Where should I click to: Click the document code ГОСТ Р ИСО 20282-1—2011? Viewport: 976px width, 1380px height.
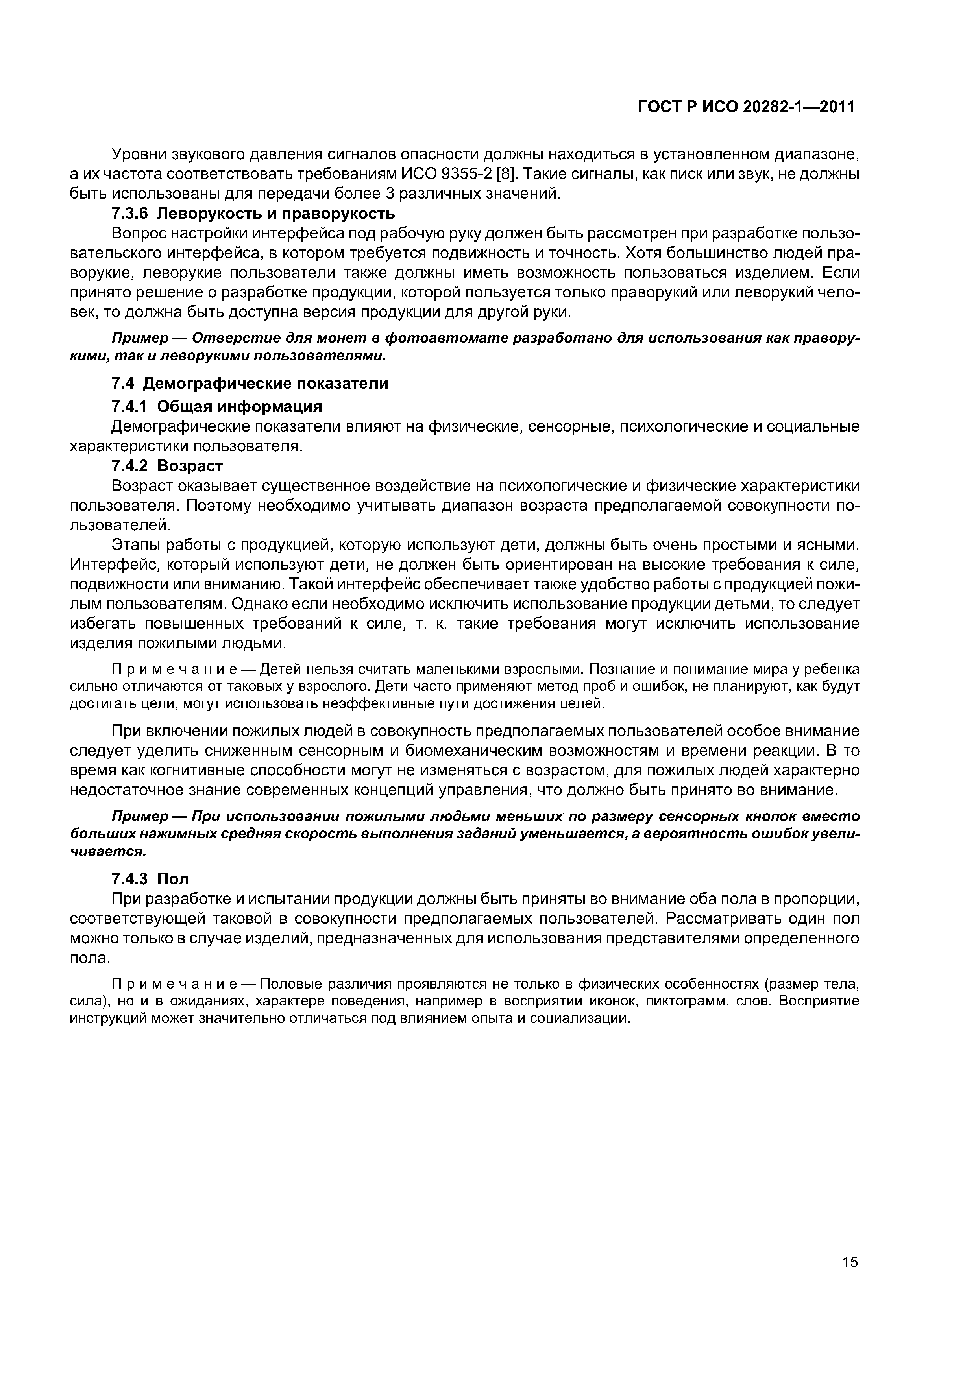pos(746,107)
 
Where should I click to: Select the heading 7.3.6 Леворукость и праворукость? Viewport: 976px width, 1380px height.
pos(253,213)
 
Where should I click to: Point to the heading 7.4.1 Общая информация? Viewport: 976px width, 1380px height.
pos(216,406)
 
